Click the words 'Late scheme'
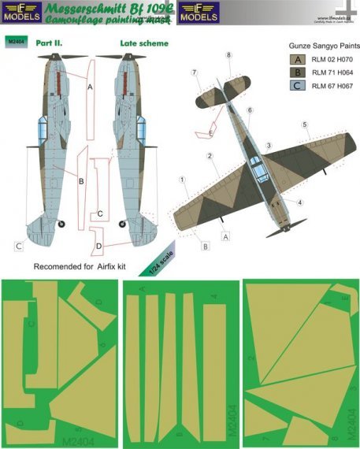[x=144, y=43]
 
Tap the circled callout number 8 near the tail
[x=228, y=54]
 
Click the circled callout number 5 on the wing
[x=304, y=124]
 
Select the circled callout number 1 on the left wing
[x=182, y=180]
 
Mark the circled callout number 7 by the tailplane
[x=193, y=72]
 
